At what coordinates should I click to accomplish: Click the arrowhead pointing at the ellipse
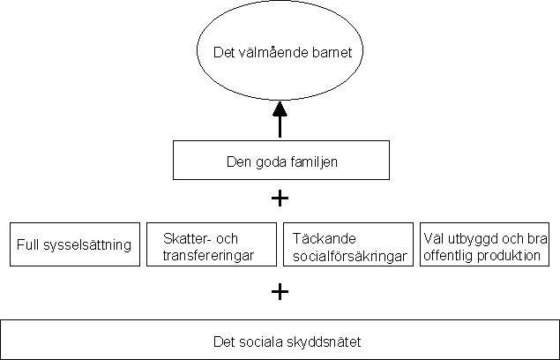280,109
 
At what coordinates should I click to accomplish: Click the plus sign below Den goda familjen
280,199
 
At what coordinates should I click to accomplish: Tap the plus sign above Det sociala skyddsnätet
280,292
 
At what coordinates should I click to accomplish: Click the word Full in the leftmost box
28,245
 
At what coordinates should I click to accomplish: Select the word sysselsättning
87,245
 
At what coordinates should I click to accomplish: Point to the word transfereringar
208,256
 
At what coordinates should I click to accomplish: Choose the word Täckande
325,238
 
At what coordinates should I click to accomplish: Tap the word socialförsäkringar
350,257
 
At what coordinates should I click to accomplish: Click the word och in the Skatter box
228,238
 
